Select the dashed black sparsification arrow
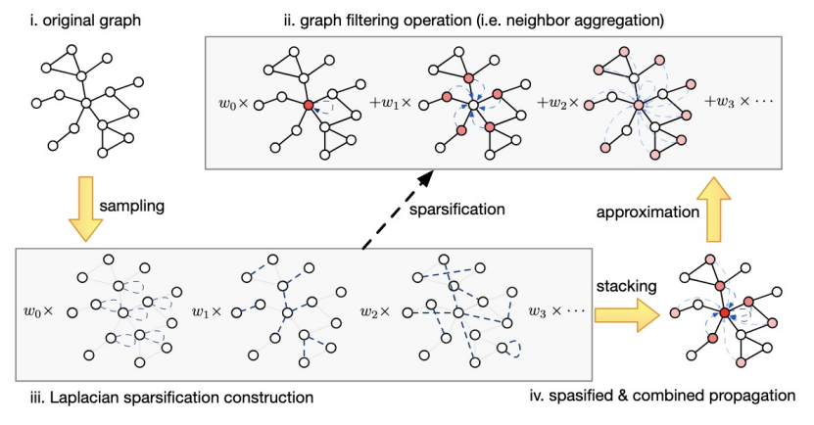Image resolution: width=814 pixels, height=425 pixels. [393, 211]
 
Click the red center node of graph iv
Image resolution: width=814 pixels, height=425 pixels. [724, 311]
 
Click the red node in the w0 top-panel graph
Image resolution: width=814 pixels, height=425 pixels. [309, 103]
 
